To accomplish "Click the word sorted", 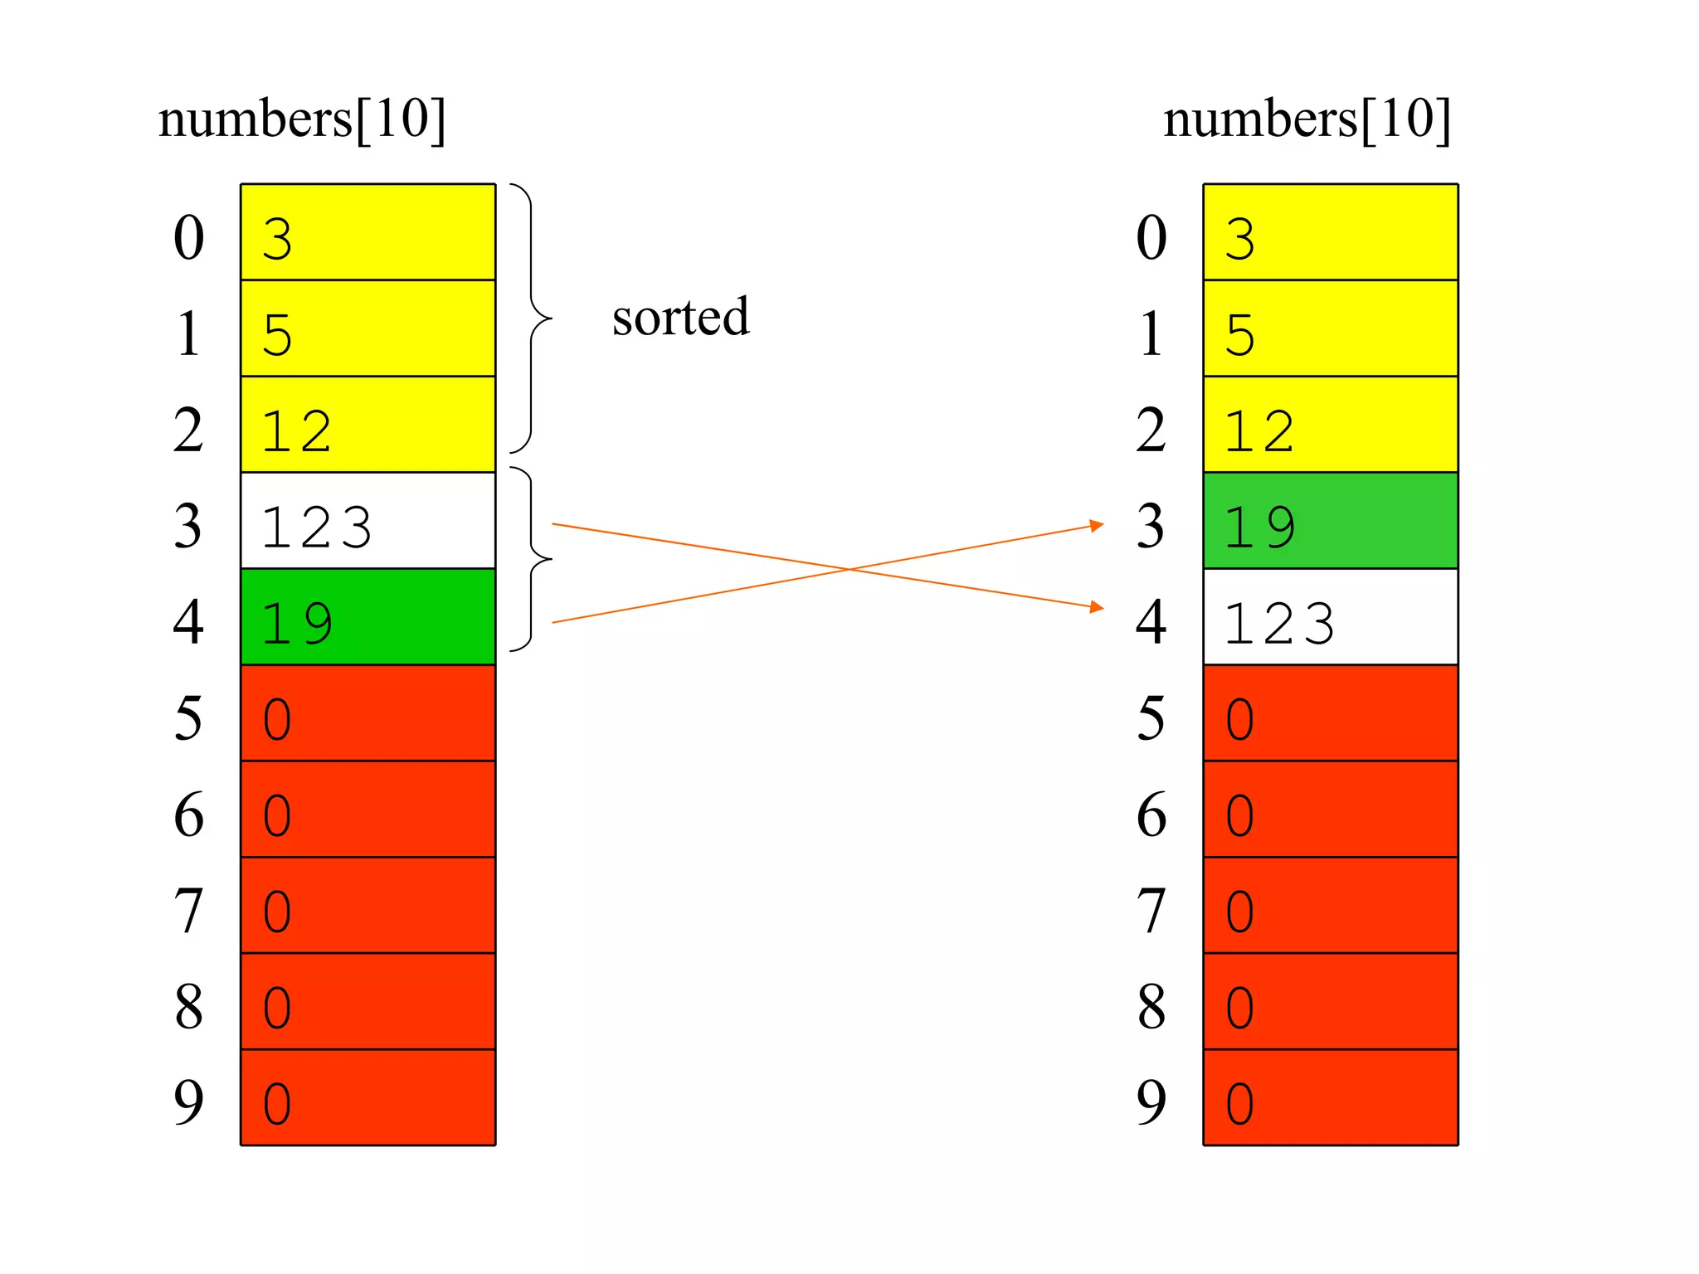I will click(x=680, y=317).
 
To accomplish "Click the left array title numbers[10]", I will click(x=302, y=119).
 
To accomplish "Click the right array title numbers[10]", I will click(x=1307, y=119).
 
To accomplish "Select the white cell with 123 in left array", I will click(x=368, y=521).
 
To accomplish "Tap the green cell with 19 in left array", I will click(x=368, y=617).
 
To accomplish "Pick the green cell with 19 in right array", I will click(x=1330, y=521).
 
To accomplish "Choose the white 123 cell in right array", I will click(x=1330, y=617).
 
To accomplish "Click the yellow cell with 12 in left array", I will click(x=368, y=425).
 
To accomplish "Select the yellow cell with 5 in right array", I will click(x=1330, y=328).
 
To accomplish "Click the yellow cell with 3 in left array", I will click(x=368, y=232).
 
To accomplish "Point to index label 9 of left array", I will click(x=188, y=1102).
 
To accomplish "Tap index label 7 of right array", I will click(x=1151, y=911).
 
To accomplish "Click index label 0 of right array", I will click(x=1151, y=237).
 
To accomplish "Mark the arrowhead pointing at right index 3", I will click(x=1097, y=525).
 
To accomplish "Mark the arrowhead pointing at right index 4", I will click(x=1097, y=607).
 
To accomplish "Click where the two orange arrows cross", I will click(x=849, y=569).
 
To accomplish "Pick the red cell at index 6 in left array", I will click(x=368, y=810).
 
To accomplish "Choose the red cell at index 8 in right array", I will click(x=1330, y=1002).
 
